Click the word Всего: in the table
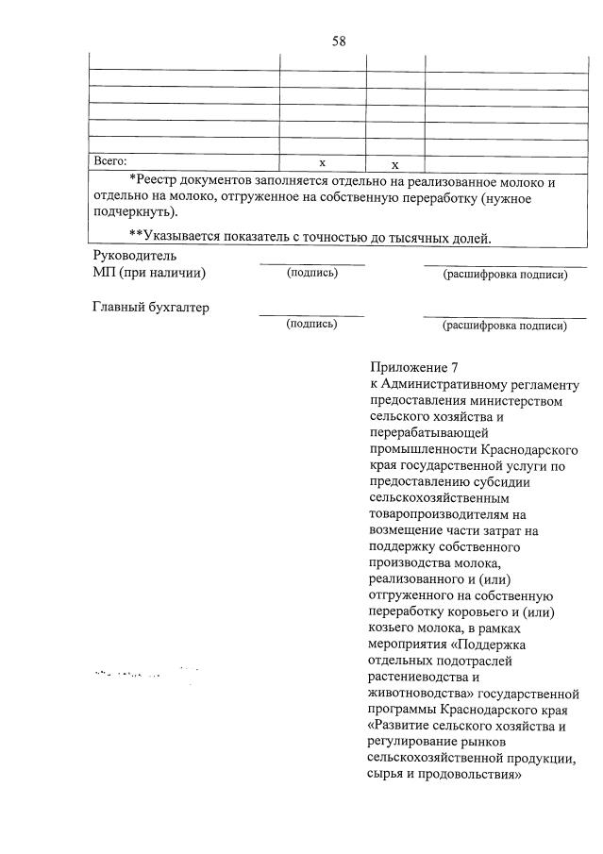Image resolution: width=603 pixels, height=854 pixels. (x=109, y=162)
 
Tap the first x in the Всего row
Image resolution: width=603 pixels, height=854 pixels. (x=322, y=162)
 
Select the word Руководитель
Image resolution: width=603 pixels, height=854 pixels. (x=134, y=256)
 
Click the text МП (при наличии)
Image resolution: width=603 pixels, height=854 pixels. (x=149, y=273)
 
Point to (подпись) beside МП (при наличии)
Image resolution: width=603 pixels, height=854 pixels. (x=311, y=273)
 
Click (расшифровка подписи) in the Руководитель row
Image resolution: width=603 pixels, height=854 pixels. (x=505, y=274)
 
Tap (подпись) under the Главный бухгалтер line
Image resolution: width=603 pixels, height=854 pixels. (x=311, y=324)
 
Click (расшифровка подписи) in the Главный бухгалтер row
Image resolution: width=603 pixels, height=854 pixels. (x=505, y=326)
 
